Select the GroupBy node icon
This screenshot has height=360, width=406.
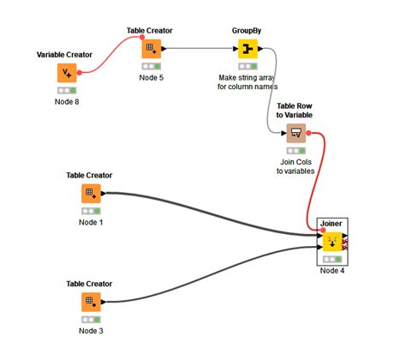click(x=247, y=48)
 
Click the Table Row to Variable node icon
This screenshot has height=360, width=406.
click(x=296, y=132)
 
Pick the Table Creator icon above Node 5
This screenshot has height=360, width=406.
click(x=151, y=48)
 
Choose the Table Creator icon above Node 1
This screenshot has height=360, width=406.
click(x=89, y=193)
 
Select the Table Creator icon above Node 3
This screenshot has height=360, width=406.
click(x=89, y=301)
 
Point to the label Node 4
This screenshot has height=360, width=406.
click(x=332, y=271)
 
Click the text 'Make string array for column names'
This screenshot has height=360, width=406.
click(x=247, y=81)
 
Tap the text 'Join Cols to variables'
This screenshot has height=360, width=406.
click(x=296, y=165)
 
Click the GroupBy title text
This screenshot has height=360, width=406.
click(x=247, y=30)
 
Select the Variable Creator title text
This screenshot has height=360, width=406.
click(x=64, y=55)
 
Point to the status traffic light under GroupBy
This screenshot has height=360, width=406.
click(x=247, y=65)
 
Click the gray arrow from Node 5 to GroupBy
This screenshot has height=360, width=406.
click(x=197, y=48)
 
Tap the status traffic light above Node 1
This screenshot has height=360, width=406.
click(x=89, y=210)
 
